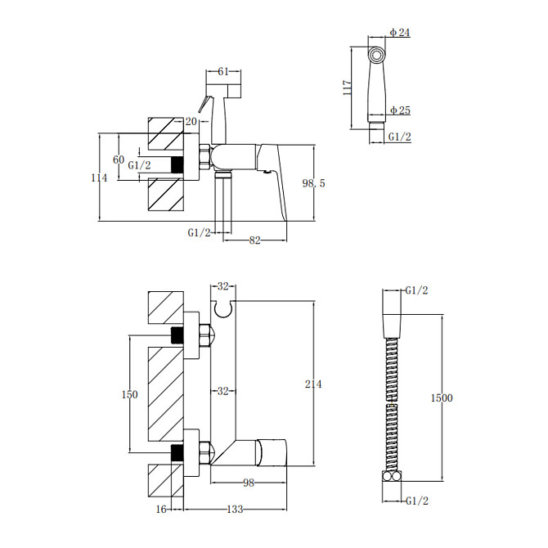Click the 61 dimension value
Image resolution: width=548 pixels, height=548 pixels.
[223, 71]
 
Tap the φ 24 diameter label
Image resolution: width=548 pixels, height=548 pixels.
[400, 33]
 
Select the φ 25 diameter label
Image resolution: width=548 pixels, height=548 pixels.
[400, 110]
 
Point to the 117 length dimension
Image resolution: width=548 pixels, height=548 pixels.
[347, 88]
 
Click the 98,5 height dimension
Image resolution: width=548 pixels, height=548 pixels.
[313, 183]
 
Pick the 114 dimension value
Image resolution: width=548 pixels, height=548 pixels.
[99, 177]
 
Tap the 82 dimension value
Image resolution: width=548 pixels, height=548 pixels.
[254, 240]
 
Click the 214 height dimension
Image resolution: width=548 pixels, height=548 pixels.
[313, 384]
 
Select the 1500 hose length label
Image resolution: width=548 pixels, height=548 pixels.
[442, 398]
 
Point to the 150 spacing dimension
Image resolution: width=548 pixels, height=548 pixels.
[130, 394]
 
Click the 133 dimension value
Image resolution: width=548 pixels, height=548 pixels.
[235, 510]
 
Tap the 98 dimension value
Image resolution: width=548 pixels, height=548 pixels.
[249, 483]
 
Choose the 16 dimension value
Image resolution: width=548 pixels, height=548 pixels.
[161, 510]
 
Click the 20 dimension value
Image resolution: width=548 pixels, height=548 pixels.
[191, 121]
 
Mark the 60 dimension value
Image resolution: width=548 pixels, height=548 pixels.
[119, 159]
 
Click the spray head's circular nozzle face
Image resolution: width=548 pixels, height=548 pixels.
[377, 56]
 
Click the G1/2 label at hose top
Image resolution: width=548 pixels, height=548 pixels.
[416, 290]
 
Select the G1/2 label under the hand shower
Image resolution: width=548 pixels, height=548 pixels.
[400, 137]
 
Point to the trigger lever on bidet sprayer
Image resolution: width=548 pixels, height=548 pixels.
[204, 104]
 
